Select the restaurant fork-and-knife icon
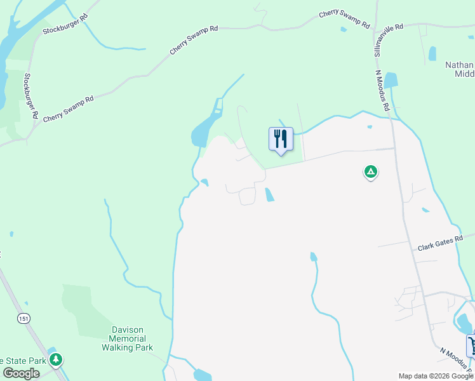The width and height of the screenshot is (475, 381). click(x=281, y=139)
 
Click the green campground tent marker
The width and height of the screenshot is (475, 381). click(x=370, y=171)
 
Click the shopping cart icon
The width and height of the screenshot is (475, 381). click(x=472, y=345)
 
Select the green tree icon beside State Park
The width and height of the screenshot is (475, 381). click(x=56, y=360)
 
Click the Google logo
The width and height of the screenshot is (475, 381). click(x=21, y=373)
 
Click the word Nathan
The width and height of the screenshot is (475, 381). click(x=459, y=65)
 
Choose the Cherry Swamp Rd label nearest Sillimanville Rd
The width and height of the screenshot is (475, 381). click(x=344, y=19)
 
